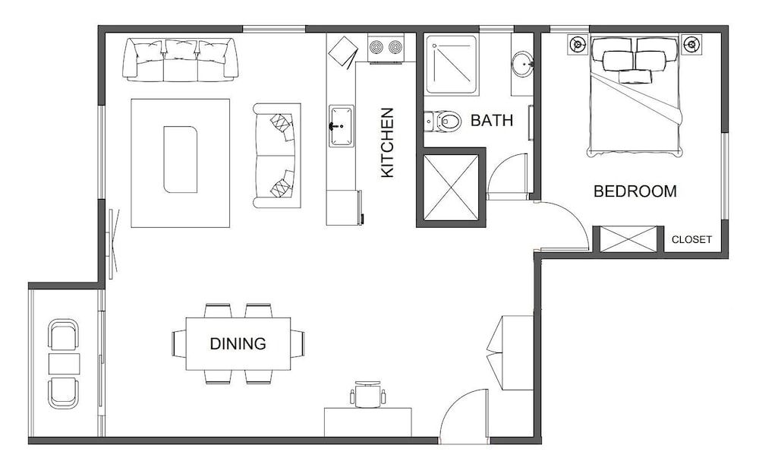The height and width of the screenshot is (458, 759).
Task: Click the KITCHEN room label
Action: pyautogui.click(x=387, y=143)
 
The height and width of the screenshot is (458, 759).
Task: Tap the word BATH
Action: pyautogui.click(x=491, y=120)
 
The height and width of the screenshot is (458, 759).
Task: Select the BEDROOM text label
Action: pyautogui.click(x=635, y=191)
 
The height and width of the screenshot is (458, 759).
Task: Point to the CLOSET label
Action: pyautogui.click(x=691, y=239)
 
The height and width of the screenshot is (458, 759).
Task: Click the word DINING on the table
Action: pyautogui.click(x=238, y=344)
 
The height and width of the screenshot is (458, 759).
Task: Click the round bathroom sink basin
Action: pyautogui.click(x=522, y=64)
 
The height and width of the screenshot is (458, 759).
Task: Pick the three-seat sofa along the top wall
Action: pyautogui.click(x=181, y=61)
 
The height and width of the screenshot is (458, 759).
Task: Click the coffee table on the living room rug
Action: pyautogui.click(x=181, y=160)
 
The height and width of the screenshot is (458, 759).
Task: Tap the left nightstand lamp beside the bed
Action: pyautogui.click(x=578, y=44)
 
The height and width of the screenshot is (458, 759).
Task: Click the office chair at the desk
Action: pyautogui.click(x=369, y=394)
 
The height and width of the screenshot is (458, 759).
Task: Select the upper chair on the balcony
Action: pyautogui.click(x=64, y=335)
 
